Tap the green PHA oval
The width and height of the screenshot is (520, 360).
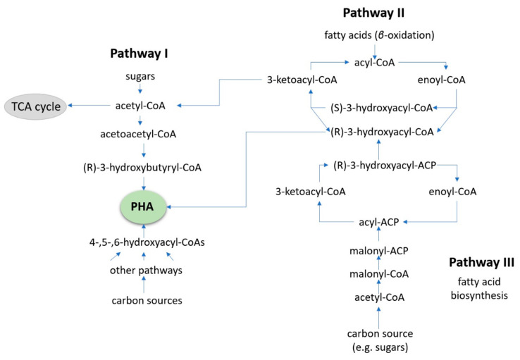point(144,207)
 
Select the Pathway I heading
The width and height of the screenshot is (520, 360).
point(144,53)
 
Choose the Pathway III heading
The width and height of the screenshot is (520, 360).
point(481,263)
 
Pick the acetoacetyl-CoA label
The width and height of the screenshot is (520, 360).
point(144,131)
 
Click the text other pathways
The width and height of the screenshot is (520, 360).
point(144,271)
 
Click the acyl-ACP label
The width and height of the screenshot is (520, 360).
point(379,221)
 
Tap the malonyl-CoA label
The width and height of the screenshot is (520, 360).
point(379,273)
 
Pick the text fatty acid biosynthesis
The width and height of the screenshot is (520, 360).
point(481,290)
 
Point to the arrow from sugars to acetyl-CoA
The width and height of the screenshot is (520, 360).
point(144,89)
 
